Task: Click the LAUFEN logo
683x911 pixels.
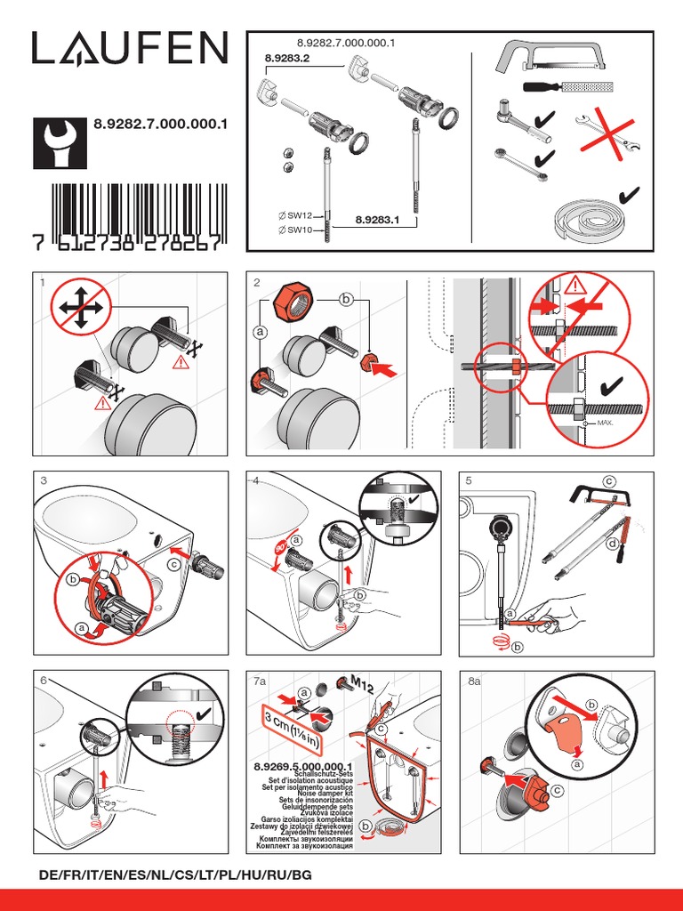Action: tap(130, 49)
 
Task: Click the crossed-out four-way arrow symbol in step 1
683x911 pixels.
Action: tap(80, 308)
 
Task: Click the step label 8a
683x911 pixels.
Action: tap(474, 681)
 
